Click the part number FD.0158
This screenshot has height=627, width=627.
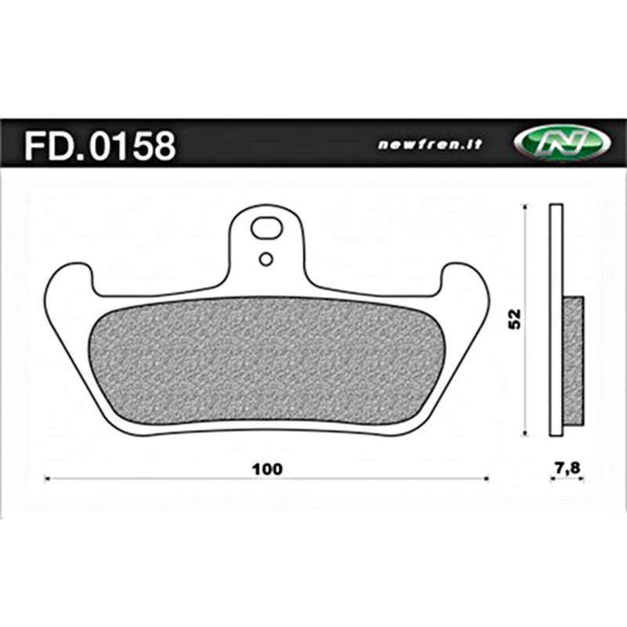(x=100, y=146)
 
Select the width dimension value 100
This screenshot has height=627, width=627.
(x=267, y=469)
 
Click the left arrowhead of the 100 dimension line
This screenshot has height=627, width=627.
(x=49, y=477)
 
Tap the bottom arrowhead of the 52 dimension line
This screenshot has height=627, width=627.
(x=524, y=433)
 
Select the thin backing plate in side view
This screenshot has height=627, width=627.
(x=556, y=235)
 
